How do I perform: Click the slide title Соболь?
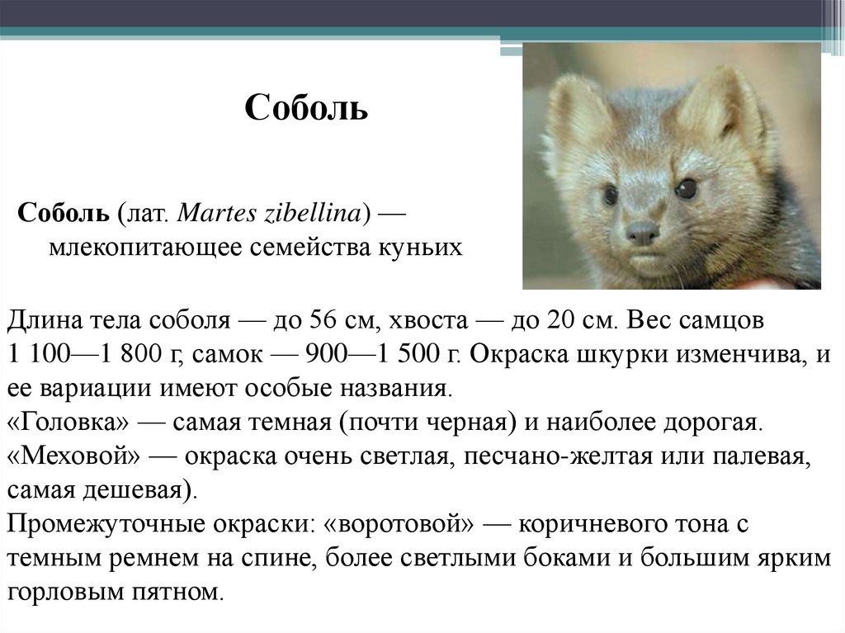click(x=306, y=108)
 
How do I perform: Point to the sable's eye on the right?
click(x=685, y=189)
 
